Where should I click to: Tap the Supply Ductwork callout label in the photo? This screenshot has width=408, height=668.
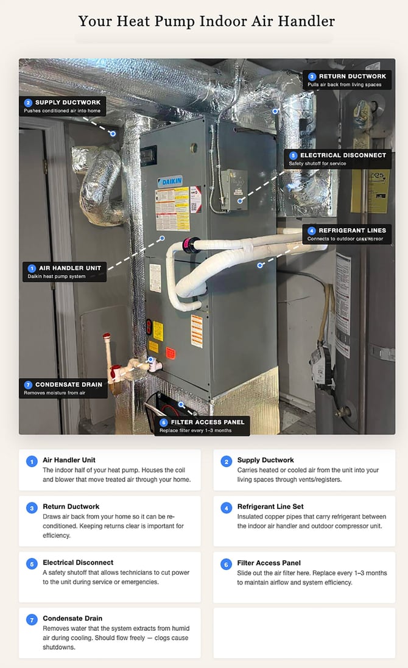click(x=63, y=106)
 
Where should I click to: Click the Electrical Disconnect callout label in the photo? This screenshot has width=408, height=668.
click(x=337, y=159)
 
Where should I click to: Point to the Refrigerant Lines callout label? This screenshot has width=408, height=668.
click(x=346, y=234)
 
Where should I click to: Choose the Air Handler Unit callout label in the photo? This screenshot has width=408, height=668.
click(x=64, y=272)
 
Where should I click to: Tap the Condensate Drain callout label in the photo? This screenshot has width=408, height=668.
click(x=63, y=388)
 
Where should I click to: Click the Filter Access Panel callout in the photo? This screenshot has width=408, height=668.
click(x=202, y=426)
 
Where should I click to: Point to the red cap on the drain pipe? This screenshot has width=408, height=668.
click(x=107, y=337)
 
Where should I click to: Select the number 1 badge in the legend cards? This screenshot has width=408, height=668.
click(x=31, y=462)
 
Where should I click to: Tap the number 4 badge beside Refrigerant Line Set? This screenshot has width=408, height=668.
click(x=226, y=508)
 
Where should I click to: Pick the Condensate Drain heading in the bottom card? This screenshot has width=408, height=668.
click(x=72, y=618)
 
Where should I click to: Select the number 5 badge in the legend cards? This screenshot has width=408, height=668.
click(x=31, y=564)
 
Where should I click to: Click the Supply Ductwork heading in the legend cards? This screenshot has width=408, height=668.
click(x=266, y=460)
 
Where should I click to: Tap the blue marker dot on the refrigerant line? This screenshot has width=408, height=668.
click(x=260, y=265)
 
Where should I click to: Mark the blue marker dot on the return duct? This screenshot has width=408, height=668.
click(x=275, y=111)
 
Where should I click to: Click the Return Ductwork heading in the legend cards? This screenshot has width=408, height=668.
click(x=71, y=506)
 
